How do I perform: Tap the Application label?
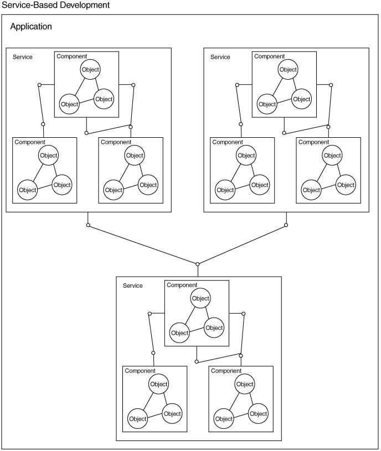point(31,27)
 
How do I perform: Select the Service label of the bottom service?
point(133,286)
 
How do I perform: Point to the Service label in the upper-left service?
point(23,57)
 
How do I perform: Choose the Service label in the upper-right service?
point(220,57)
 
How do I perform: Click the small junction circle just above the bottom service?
point(198,263)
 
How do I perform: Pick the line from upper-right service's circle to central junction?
point(242,244)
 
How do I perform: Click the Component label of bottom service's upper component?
point(182,285)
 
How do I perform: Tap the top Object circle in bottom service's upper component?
point(200,298)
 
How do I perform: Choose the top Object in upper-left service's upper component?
point(90,70)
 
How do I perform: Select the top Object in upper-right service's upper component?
point(288,70)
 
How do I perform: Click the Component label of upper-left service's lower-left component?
point(30,142)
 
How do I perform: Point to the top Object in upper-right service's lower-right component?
point(332,155)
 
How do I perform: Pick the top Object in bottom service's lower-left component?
point(159,384)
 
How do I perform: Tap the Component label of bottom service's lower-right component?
point(226,371)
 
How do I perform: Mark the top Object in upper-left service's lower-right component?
point(135,155)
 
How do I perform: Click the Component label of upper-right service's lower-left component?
point(228,142)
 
